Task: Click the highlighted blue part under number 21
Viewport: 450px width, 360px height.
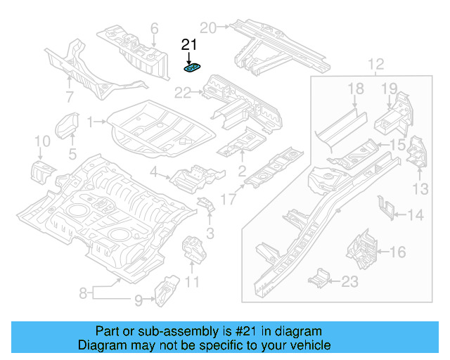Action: click(192, 68)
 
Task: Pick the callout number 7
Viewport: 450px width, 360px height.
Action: click(69, 96)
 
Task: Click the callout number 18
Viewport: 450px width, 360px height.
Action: click(356, 88)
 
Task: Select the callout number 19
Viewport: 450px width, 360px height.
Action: click(390, 88)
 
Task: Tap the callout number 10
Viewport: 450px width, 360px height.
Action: click(42, 143)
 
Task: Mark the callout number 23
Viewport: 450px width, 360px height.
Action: click(349, 282)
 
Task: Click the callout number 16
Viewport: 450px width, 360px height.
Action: click(397, 251)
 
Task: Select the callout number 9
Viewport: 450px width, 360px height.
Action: click(138, 301)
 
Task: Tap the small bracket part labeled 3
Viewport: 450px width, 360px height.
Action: click(207, 205)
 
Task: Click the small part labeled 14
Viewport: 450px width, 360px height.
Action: click(385, 206)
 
